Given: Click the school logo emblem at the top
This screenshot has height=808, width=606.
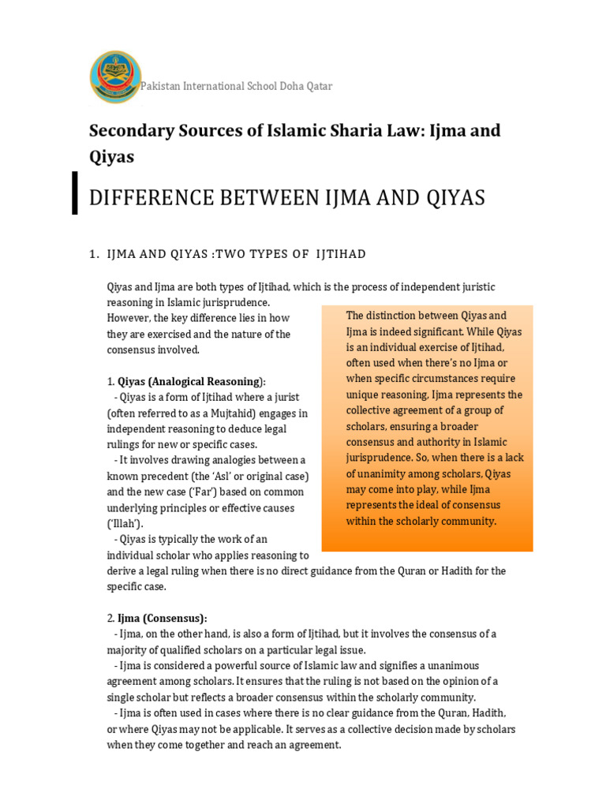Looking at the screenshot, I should [116, 77].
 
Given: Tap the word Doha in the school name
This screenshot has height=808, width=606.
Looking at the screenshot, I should [272, 86].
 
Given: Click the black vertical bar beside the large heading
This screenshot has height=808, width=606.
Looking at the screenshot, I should [75, 193].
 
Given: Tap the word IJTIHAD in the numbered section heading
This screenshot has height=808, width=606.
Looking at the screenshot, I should [341, 253].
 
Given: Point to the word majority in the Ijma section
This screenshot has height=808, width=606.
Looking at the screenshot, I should [130, 649].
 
